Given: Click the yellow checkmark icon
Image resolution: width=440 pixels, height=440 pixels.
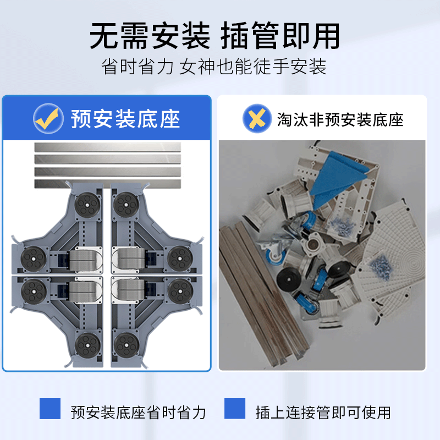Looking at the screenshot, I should tap(48, 118).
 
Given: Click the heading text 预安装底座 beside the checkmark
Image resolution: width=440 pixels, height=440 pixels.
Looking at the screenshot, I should tap(125, 118).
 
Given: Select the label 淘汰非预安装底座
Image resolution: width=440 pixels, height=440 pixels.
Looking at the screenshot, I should tap(340, 119).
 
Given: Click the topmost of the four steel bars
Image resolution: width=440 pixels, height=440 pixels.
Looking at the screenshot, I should tap(107, 147).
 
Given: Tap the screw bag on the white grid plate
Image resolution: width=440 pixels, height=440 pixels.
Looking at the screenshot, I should tap(382, 265).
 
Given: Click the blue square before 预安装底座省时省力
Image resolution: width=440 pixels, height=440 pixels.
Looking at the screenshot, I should tap(50, 409).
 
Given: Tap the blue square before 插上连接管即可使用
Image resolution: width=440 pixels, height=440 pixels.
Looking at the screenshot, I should tap(235, 409).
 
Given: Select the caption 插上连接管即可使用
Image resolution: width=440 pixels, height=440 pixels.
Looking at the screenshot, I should tap(323, 412).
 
